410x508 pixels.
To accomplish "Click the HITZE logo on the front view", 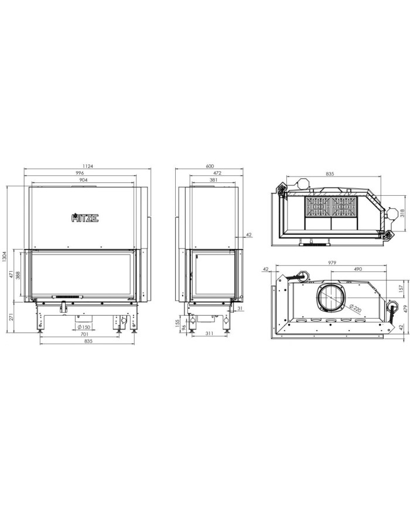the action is tap(85, 217).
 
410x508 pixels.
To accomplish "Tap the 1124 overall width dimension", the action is tap(88, 166).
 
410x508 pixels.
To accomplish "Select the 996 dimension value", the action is tap(80, 173).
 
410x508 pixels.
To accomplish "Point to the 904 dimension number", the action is tap(83, 180).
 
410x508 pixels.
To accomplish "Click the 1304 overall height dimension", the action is tap(4, 258).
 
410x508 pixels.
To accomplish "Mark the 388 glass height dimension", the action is tap(18, 275).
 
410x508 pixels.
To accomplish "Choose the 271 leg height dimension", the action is tap(11, 316).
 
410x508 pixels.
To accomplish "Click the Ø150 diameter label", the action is tap(84, 327).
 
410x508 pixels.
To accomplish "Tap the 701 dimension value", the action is tap(84, 334).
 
